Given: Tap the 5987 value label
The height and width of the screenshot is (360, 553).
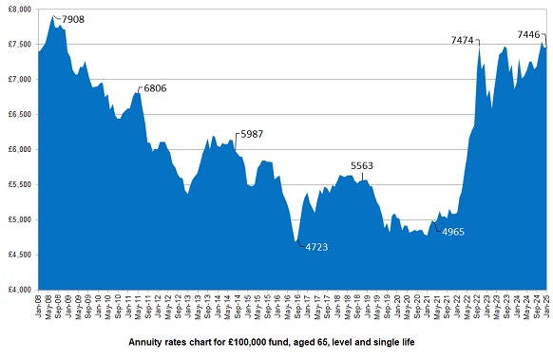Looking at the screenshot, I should pyautogui.click(x=250, y=134).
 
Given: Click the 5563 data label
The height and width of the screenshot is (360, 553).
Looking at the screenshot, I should pyautogui.click(x=362, y=165).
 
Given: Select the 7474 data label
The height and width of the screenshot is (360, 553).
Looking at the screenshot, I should pyautogui.click(x=464, y=41).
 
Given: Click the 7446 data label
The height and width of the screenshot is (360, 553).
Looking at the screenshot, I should pyautogui.click(x=529, y=35).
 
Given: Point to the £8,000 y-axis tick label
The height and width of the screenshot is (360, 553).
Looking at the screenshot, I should pyautogui.click(x=18, y=9).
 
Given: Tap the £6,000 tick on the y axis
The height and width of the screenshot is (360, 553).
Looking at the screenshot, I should pyautogui.click(x=18, y=149).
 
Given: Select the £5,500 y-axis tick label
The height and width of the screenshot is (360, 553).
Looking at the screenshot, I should pyautogui.click(x=18, y=184).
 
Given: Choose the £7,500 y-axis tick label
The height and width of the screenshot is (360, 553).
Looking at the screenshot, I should pyautogui.click(x=18, y=44).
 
